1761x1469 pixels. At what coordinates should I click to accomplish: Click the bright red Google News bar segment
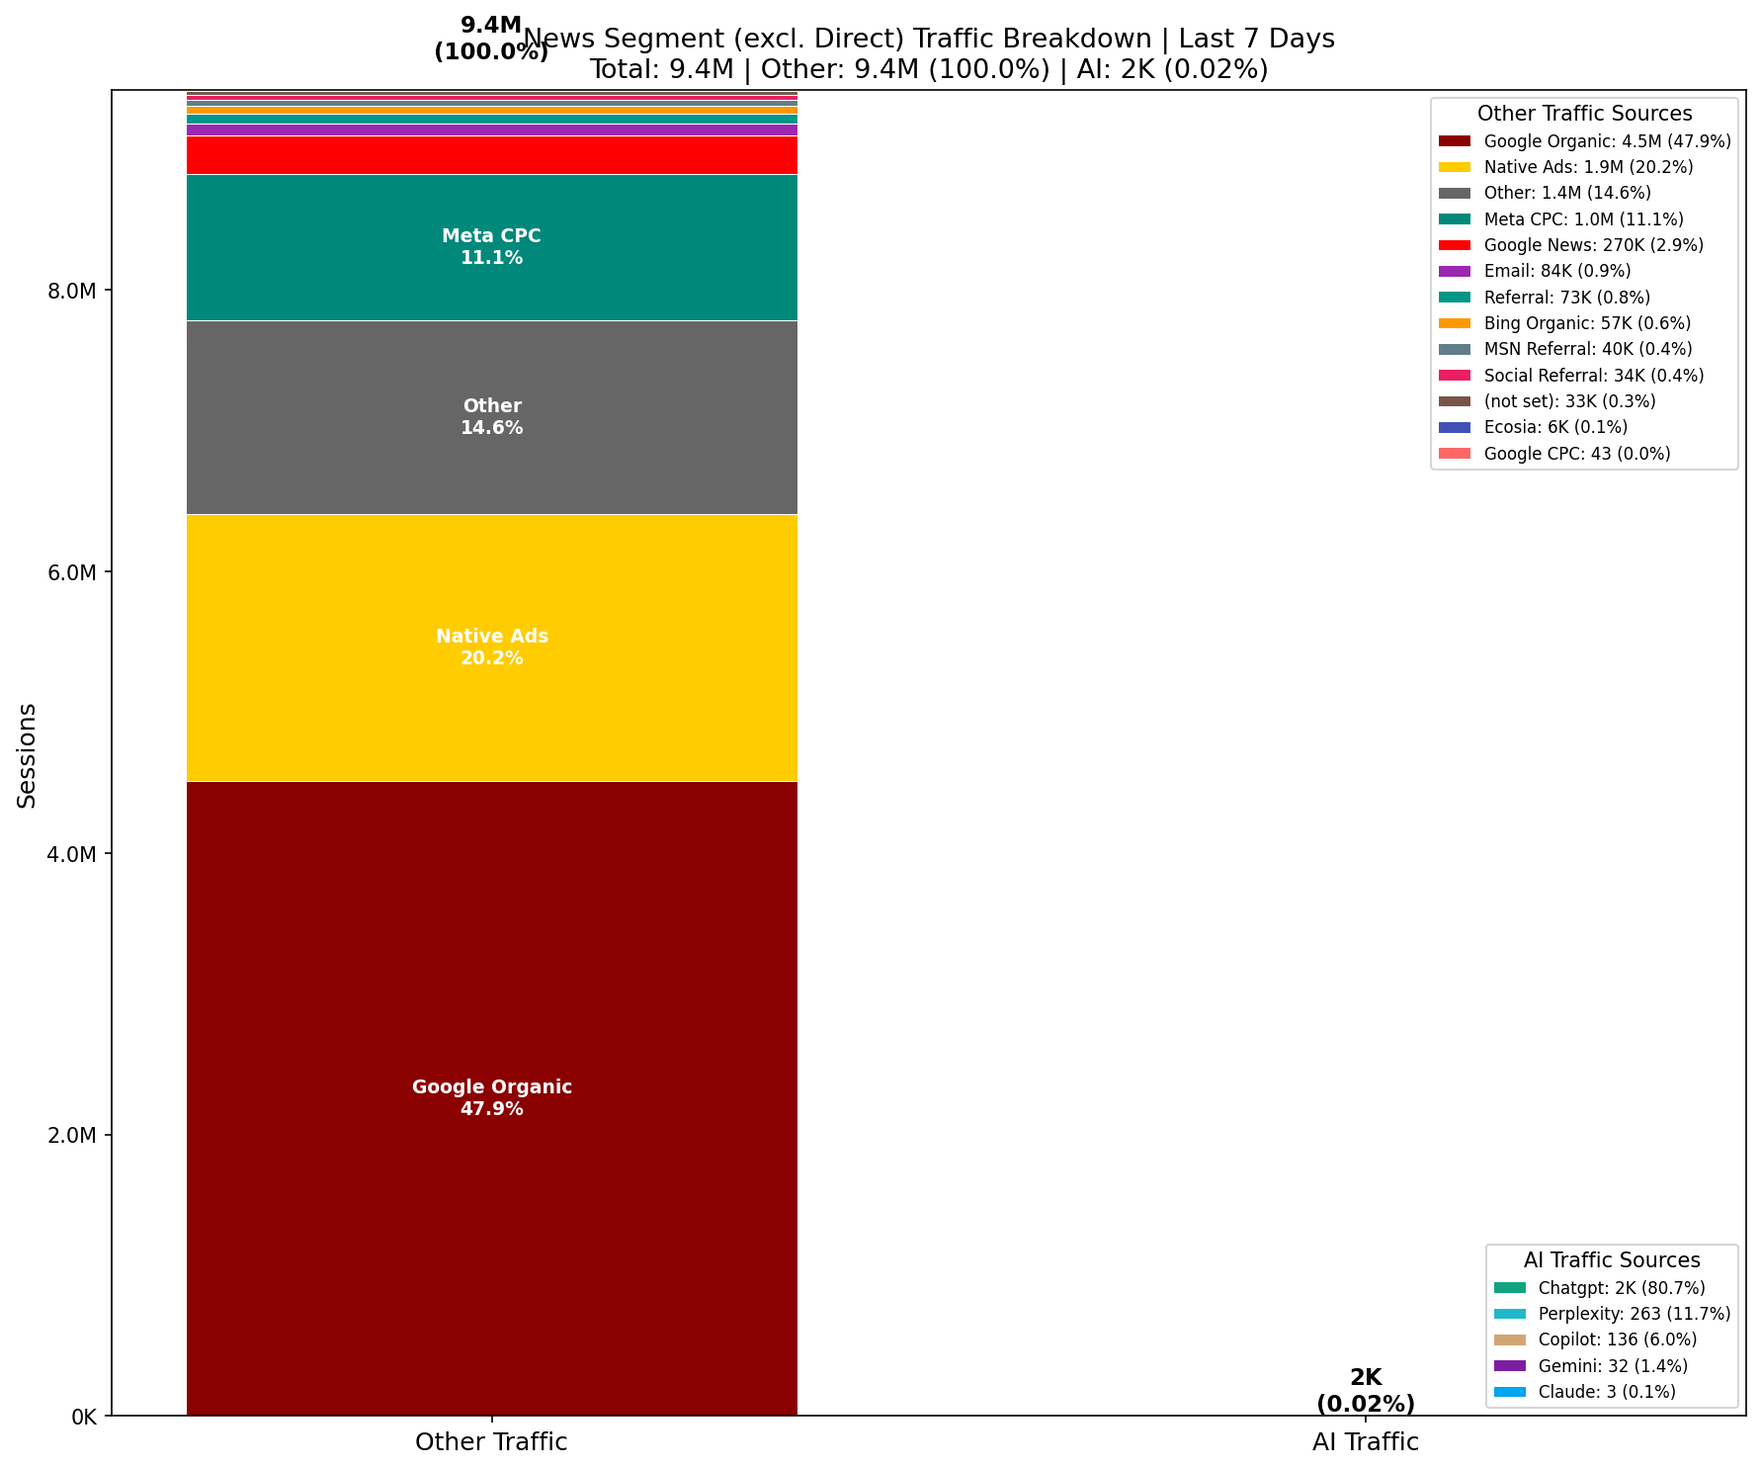coord(491,155)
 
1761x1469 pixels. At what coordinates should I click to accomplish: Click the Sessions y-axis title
coord(27,755)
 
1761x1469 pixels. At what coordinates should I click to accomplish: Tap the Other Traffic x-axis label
coord(491,1442)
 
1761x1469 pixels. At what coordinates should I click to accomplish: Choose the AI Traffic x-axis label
coord(1365,1442)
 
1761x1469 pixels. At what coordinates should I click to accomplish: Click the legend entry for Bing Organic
coord(1586,323)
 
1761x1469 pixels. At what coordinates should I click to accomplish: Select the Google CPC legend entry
coord(1576,454)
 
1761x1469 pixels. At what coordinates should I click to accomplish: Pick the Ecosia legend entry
coord(1554,427)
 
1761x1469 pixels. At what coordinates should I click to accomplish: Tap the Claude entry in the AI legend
coord(1606,1392)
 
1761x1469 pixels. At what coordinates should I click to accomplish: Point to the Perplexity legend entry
coord(1634,1314)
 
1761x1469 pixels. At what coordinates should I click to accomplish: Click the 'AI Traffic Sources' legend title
coord(1611,1260)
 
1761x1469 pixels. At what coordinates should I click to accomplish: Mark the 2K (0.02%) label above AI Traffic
coord(1365,1391)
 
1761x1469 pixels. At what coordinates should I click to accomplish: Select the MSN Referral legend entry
coord(1587,349)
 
